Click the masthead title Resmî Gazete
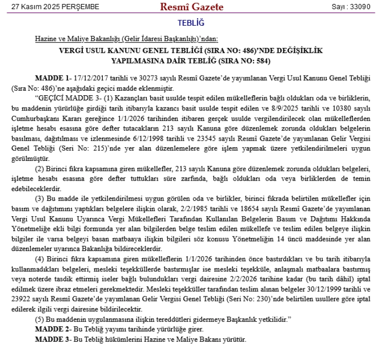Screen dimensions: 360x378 (x=192, y=7)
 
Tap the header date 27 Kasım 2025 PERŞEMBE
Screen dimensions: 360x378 (x=51, y=7)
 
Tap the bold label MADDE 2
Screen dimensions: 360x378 (x=50, y=329)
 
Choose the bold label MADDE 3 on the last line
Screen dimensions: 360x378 (x=50, y=338)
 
